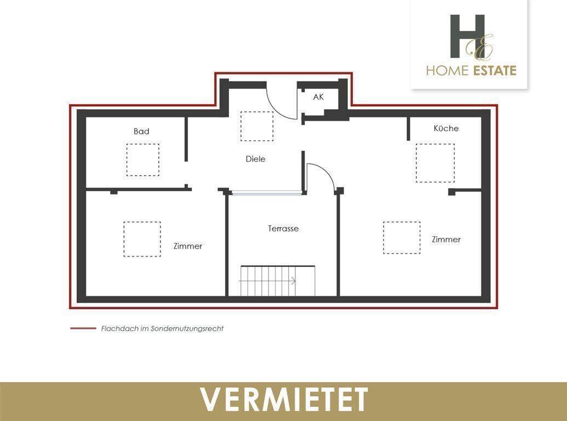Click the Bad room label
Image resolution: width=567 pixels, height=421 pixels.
[141, 132]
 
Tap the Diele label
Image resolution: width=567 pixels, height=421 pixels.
[255, 159]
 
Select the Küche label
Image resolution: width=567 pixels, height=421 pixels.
[446, 128]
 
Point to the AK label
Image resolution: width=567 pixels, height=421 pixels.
[318, 98]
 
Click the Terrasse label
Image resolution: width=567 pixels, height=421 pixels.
[283, 229]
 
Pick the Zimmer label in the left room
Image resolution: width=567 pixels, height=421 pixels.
[188, 246]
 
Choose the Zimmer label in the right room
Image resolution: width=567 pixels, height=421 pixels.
[446, 240]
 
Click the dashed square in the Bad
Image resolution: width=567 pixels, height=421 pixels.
[142, 160]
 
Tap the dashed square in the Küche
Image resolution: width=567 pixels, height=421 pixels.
[435, 163]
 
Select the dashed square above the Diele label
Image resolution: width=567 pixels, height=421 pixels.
[256, 126]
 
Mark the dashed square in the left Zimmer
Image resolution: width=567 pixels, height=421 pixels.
[142, 239]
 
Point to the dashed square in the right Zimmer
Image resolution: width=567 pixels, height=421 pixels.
[402, 237]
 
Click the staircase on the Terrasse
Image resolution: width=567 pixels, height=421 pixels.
[269, 281]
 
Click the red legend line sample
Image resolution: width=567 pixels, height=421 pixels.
[83, 329]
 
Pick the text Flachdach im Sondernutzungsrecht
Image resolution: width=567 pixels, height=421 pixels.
[162, 329]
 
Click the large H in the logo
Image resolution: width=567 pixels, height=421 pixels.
[467, 36]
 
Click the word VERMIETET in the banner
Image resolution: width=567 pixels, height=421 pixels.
[283, 399]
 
